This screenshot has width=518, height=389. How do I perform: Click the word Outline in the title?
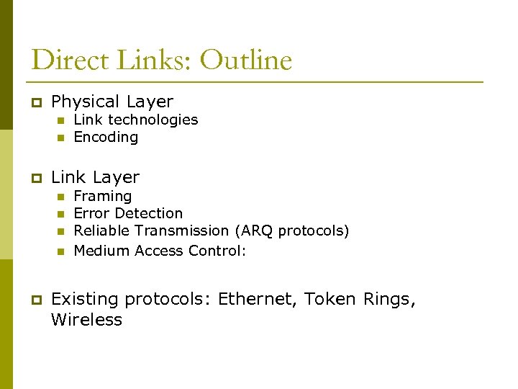(245, 60)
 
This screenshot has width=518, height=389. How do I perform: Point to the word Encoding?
(106, 137)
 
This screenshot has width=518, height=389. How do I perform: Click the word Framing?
(103, 196)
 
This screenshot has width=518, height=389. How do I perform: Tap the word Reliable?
(100, 231)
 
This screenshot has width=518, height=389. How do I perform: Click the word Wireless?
(86, 320)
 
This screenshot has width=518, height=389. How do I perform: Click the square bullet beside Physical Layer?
(34, 103)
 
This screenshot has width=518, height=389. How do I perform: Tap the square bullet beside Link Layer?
(34, 178)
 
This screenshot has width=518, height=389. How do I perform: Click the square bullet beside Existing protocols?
(34, 300)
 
